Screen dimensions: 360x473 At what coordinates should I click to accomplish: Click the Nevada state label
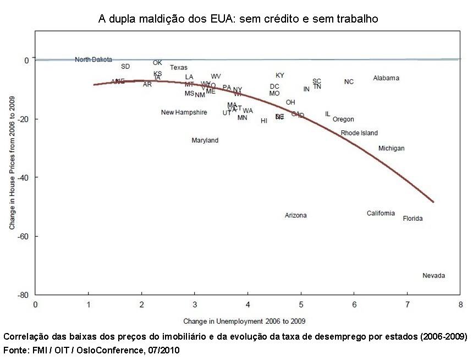click(x=433, y=276)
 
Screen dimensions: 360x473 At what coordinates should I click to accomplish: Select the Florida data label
click(x=413, y=219)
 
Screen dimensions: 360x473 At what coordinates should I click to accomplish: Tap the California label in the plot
click(x=381, y=214)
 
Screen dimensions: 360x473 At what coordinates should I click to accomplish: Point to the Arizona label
click(x=295, y=216)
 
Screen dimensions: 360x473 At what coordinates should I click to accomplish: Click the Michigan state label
click(x=391, y=149)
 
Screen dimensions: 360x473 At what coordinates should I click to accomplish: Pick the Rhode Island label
click(x=359, y=133)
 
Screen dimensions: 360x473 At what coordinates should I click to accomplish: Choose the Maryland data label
click(x=205, y=141)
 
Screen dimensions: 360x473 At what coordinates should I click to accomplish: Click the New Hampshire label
click(x=184, y=113)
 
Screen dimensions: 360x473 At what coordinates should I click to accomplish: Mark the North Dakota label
click(x=94, y=59)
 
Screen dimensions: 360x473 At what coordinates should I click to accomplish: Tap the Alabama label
click(x=386, y=78)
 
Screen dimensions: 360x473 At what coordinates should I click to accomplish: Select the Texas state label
click(x=178, y=68)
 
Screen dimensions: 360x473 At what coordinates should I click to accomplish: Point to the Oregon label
click(x=343, y=119)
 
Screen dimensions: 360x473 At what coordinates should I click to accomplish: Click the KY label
click(x=280, y=75)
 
